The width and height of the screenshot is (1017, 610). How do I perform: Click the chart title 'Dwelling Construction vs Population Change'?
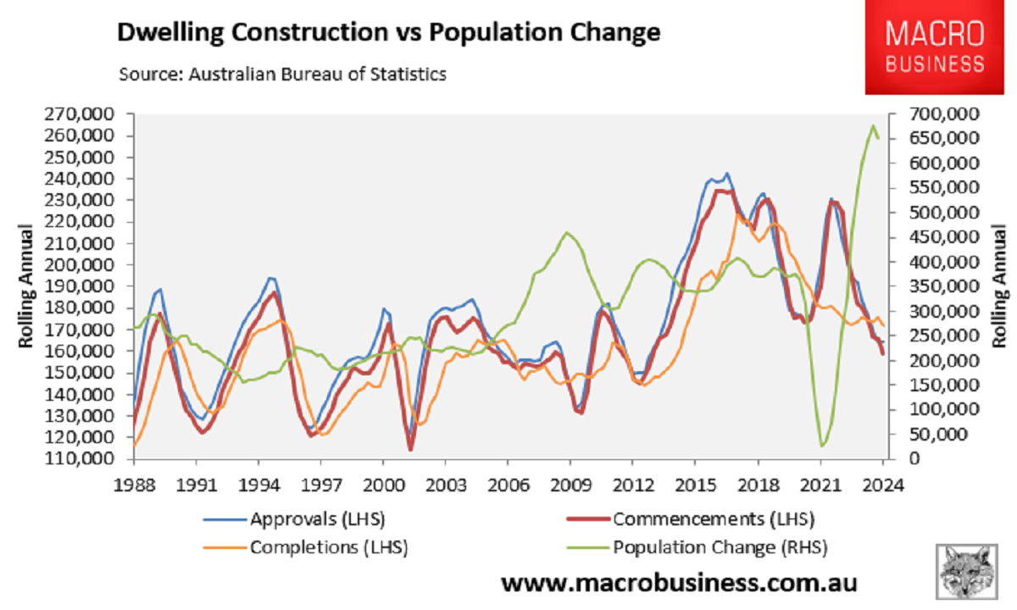[388, 34]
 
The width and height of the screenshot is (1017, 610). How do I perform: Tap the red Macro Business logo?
[934, 48]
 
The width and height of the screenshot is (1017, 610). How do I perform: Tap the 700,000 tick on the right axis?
[942, 114]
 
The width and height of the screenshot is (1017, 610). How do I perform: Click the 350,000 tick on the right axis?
[942, 286]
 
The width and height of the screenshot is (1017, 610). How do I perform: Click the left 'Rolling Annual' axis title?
[27, 286]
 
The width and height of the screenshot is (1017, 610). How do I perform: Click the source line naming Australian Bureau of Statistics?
[282, 74]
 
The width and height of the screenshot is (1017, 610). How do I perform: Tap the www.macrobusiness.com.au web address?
[679, 583]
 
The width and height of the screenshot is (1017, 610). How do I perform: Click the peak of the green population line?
[873, 125]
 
